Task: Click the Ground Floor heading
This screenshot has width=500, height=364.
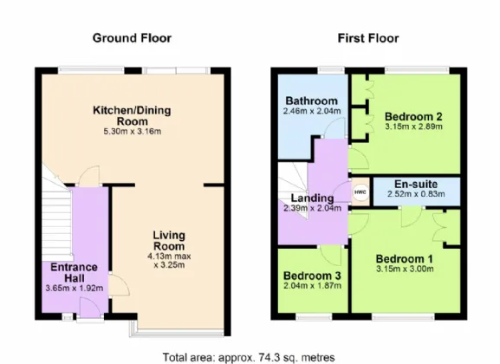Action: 132,38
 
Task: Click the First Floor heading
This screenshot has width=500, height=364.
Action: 368,38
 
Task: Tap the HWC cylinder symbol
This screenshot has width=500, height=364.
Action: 360,192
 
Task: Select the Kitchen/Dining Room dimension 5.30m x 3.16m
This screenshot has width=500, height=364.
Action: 133,132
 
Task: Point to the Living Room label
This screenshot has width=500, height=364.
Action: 169,241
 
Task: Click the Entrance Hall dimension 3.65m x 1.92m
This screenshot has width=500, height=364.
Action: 75,289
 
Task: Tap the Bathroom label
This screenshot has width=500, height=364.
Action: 312,101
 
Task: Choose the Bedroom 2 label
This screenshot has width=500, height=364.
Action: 413,116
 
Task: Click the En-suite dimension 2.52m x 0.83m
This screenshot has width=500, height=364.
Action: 416,194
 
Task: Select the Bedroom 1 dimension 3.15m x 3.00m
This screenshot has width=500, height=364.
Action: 405,269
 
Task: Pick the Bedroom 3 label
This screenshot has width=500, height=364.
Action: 312,276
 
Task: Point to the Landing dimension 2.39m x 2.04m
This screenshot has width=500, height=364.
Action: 313,208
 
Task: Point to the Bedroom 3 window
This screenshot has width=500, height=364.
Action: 314,317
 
